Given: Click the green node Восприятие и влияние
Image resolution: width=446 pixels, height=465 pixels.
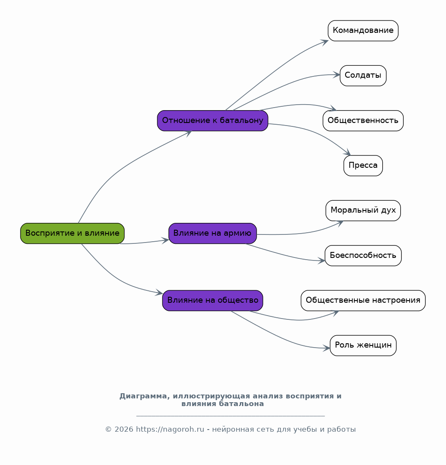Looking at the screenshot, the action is (x=72, y=234).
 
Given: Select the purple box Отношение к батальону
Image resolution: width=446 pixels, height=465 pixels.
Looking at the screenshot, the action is (x=213, y=121).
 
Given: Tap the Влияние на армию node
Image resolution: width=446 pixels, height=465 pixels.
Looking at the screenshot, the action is (x=213, y=234).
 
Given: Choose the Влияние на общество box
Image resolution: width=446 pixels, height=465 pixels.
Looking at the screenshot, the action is (x=213, y=301).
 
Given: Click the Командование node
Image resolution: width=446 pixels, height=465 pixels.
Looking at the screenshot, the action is (x=363, y=31).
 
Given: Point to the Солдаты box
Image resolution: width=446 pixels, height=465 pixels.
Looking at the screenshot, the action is (x=363, y=76).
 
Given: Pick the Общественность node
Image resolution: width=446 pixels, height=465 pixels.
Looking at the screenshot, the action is (x=363, y=121).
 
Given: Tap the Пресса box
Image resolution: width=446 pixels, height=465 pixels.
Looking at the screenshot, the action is (x=363, y=166).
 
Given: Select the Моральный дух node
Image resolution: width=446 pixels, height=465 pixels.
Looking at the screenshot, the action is (x=363, y=211).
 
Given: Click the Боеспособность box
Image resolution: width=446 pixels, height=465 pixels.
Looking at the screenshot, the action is (x=363, y=255).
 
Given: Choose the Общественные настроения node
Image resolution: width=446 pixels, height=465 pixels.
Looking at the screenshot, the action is (x=363, y=301).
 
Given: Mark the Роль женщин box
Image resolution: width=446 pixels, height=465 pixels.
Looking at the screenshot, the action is (x=363, y=345).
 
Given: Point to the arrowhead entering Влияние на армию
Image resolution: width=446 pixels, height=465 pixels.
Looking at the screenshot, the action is (x=165, y=240).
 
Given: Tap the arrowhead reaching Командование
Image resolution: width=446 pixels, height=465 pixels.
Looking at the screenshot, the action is (x=325, y=42).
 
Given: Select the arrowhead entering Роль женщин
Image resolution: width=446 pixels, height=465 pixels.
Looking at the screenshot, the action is (x=326, y=348).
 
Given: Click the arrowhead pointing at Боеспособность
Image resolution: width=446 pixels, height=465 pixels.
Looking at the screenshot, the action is (x=322, y=260).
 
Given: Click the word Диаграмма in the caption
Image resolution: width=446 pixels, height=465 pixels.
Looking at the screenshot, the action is (x=145, y=396).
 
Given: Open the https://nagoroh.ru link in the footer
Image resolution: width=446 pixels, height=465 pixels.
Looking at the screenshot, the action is (x=170, y=430).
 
